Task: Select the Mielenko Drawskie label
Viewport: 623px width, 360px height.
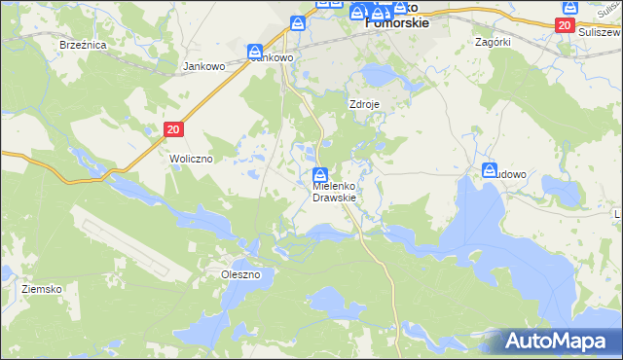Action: click(334, 191)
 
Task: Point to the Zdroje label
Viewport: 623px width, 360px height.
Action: click(363, 104)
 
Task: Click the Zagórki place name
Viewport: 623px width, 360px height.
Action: click(493, 43)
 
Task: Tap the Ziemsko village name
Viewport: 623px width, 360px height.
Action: click(42, 290)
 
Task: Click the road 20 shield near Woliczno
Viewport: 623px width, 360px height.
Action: click(173, 128)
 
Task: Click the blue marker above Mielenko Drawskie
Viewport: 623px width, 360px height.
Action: click(319, 175)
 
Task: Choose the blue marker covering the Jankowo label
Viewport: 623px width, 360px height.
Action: click(255, 53)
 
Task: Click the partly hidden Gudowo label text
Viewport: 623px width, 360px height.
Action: click(512, 174)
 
